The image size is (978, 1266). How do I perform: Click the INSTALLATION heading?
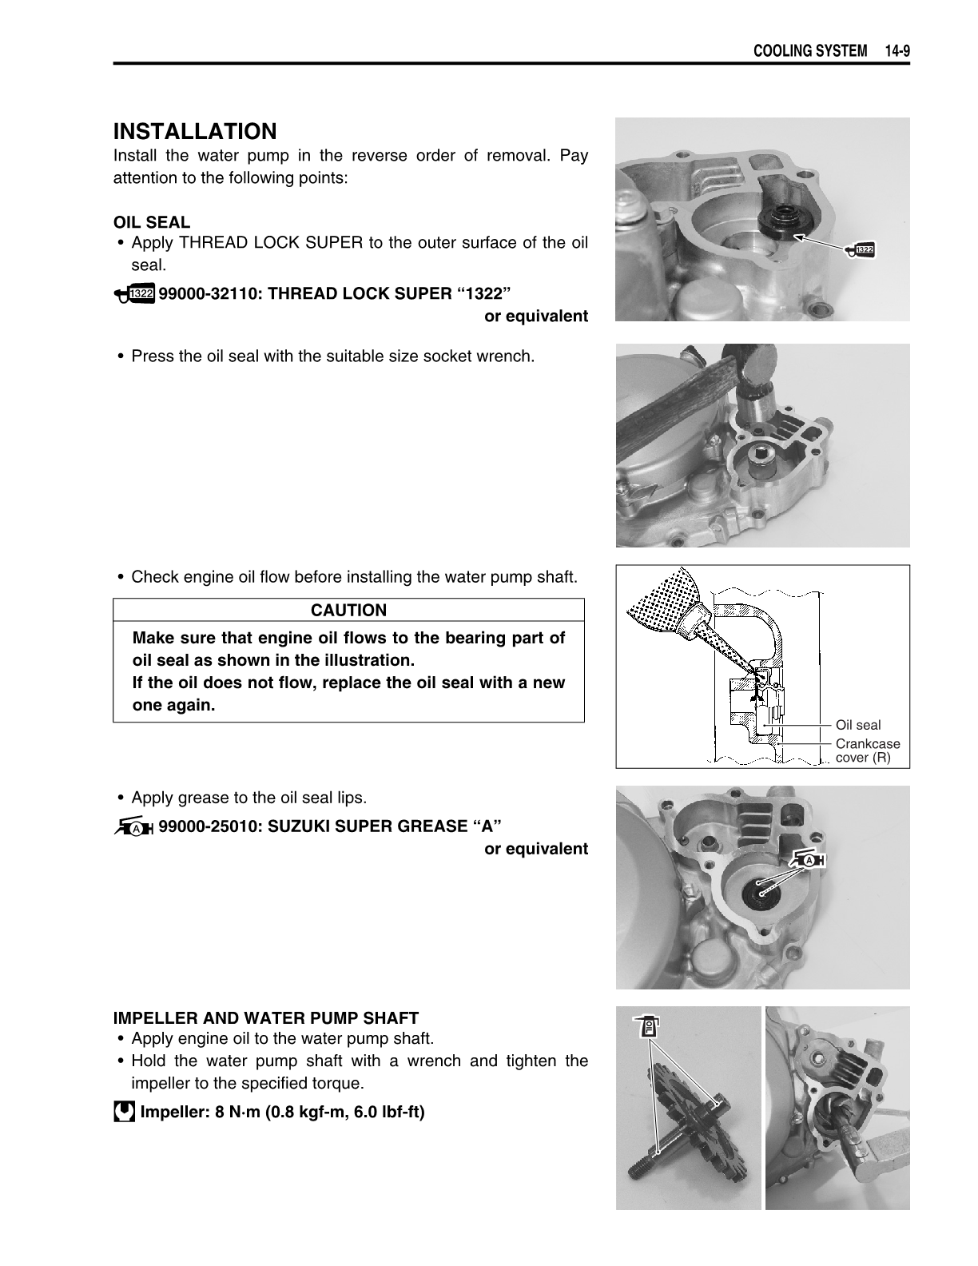click(195, 131)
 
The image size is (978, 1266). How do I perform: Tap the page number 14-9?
click(897, 51)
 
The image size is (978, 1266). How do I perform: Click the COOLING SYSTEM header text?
click(810, 51)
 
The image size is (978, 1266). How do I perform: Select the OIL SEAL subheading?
click(152, 222)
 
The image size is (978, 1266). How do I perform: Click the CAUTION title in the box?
click(348, 611)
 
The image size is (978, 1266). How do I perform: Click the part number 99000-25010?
click(209, 826)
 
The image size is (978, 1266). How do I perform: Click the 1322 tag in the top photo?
click(861, 251)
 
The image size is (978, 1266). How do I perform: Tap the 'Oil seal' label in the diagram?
click(857, 725)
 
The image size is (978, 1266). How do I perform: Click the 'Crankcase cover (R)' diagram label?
click(867, 750)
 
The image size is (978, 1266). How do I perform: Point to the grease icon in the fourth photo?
click(807, 860)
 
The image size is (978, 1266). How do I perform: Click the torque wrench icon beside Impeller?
click(123, 1112)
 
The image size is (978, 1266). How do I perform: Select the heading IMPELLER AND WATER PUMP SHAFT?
click(265, 1018)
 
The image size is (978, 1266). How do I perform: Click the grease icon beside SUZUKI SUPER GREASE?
click(133, 827)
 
